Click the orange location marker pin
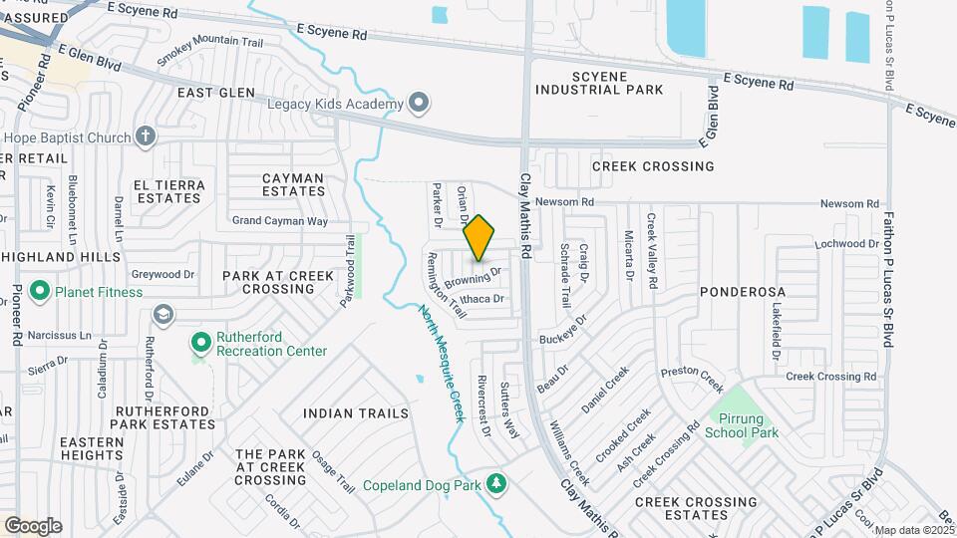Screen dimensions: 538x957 [478, 237]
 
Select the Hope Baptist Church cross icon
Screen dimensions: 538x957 [146, 136]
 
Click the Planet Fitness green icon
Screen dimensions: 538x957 [40, 292]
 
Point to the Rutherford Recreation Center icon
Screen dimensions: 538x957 [200, 343]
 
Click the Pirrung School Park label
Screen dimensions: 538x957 [742, 425]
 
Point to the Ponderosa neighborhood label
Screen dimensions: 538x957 [743, 292]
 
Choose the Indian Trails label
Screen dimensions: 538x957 [356, 412]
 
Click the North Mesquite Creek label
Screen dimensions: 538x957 [440, 364]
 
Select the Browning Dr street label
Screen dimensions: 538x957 [472, 275]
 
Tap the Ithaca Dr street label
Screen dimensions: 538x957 [484, 298]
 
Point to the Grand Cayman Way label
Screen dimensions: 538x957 [279, 220]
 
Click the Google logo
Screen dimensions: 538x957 [32, 526]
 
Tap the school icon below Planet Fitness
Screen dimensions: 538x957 [160, 316]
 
